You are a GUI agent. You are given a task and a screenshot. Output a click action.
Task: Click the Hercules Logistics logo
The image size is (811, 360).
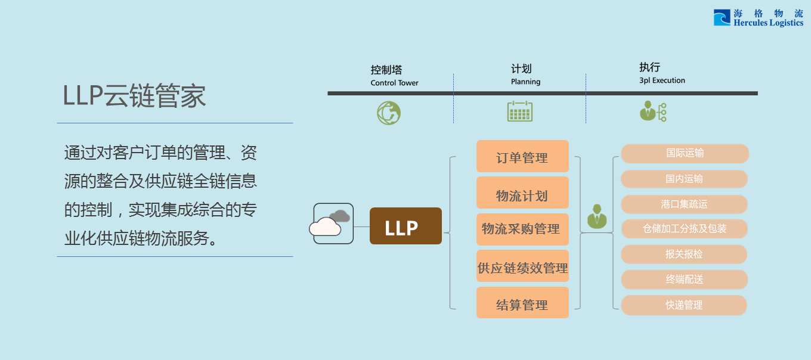[758, 18]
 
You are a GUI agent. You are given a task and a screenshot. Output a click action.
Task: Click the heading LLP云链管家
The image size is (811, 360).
[135, 96]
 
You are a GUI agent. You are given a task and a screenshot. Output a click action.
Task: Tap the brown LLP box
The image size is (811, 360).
[405, 226]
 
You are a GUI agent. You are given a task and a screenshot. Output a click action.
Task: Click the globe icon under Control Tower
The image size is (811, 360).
[389, 112]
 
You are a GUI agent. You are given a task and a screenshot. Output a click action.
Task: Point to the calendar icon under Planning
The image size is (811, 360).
[519, 111]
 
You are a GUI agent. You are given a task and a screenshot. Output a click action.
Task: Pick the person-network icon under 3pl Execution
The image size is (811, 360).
[652, 111]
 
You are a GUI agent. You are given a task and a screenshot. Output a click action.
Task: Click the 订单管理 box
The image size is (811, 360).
[522, 157]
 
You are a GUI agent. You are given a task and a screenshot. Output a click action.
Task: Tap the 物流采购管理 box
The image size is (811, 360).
[522, 229]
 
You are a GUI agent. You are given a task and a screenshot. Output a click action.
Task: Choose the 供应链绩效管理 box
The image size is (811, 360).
[522, 267]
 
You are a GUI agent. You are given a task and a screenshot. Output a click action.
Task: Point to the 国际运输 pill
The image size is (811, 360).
[685, 153]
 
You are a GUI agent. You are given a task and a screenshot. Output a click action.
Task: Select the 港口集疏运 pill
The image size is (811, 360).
[684, 204]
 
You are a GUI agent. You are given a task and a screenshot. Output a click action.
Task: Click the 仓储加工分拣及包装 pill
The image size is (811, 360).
[684, 229]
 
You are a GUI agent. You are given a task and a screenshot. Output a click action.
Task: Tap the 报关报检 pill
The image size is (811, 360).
[684, 255]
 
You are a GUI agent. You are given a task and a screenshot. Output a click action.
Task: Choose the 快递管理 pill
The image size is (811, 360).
[684, 305]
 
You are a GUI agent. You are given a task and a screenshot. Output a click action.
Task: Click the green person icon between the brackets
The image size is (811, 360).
[596, 216]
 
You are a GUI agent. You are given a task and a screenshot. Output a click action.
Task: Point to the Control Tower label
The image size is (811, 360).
[394, 83]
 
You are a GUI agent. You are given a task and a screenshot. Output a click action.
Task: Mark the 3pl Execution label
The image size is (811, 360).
[662, 80]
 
